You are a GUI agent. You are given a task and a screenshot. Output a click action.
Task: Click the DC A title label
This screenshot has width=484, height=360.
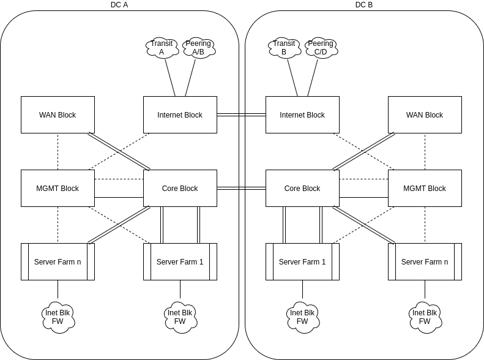click(119, 5)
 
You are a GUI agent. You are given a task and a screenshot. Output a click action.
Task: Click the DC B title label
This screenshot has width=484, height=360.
click(363, 5)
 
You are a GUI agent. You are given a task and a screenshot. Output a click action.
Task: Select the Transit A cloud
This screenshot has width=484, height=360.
click(162, 48)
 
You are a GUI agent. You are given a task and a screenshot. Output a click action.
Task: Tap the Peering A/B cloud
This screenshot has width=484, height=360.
click(198, 48)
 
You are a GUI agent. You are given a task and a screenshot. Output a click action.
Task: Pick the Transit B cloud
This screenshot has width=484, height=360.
click(284, 48)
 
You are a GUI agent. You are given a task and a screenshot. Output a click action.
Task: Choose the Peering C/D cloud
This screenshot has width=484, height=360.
click(321, 48)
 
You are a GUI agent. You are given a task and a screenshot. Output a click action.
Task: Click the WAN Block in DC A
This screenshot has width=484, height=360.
click(58, 114)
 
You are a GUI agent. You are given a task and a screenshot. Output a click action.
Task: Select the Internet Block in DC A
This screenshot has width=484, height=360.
click(180, 114)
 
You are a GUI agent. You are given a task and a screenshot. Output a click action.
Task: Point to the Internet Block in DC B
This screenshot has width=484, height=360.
click(302, 114)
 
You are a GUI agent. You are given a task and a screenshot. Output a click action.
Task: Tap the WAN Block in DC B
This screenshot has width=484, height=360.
click(425, 114)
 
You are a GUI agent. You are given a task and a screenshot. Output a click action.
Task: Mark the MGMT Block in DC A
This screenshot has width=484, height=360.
click(58, 188)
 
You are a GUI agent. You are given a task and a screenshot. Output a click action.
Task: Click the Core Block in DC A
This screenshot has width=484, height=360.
click(180, 188)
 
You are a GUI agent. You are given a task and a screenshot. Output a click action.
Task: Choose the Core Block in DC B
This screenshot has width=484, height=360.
click(302, 188)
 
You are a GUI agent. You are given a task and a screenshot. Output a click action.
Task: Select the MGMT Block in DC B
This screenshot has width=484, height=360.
click(425, 188)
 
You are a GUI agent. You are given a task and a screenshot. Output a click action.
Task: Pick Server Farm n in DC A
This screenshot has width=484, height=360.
click(58, 261)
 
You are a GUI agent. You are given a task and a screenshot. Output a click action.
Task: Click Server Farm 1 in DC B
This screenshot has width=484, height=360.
click(302, 261)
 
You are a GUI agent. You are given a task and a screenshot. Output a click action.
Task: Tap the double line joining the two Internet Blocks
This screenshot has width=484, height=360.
click(241, 114)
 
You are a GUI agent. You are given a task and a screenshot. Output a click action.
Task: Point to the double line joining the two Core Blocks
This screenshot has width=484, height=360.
click(241, 188)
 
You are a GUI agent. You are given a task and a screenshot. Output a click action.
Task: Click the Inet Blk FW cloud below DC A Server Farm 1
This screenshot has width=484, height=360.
click(180, 317)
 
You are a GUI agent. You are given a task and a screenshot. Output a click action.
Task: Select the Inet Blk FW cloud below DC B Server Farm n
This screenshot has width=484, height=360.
click(425, 317)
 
